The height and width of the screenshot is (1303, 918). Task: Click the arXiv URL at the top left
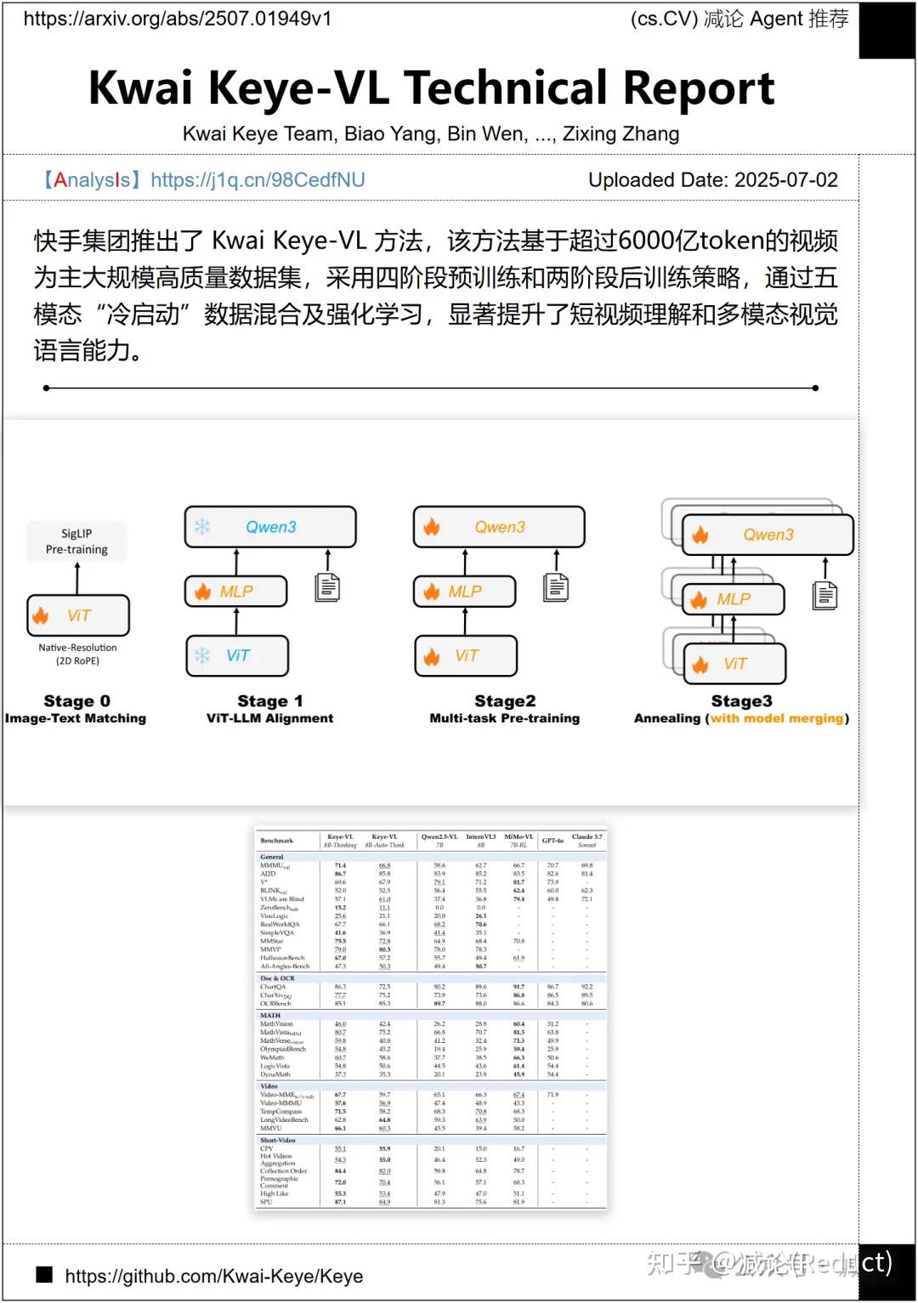coord(177,19)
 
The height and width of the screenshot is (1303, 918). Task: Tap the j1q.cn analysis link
coord(258,180)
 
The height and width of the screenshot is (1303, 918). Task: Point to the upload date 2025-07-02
coord(785,180)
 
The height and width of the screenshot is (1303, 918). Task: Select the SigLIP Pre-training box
coord(76,541)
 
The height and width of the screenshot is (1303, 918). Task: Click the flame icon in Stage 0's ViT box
coord(41,615)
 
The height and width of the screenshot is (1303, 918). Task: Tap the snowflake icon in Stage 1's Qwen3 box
coord(202,527)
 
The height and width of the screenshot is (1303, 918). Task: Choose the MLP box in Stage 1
coord(236,592)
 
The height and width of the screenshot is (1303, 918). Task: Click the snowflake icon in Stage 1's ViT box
coord(202,655)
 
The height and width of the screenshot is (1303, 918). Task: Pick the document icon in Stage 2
coord(557,586)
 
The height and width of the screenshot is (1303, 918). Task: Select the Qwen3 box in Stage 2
coord(499,527)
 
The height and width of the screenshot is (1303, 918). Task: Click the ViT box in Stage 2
coord(466,656)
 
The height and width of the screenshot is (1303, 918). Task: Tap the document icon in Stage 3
coord(824,595)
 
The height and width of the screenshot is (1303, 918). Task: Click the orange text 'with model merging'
coord(777,718)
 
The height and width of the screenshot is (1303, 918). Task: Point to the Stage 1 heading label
coord(270,701)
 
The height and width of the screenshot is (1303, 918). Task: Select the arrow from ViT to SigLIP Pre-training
coord(77,578)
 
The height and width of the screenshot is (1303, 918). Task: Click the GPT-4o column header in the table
coord(552,841)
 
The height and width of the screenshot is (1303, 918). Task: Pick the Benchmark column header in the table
coord(276,841)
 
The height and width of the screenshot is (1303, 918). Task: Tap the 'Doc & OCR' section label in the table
coord(277,978)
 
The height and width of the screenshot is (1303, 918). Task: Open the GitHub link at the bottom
coord(213,1276)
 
